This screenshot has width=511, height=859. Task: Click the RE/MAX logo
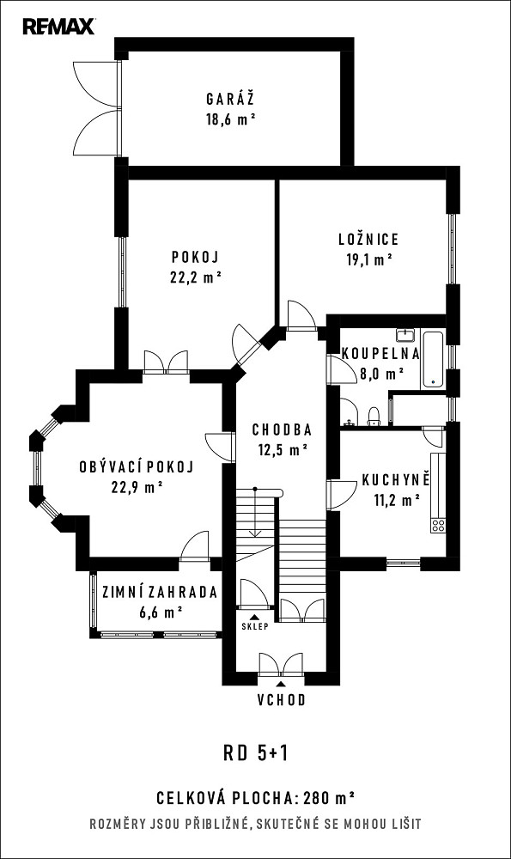pos(58,27)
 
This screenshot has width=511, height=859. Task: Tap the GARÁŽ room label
pos(230,99)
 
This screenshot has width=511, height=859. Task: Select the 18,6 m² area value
pos(231,119)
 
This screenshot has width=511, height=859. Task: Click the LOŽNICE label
pos(368,239)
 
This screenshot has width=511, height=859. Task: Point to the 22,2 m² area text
pos(196,277)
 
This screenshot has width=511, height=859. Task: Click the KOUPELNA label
pos(380,353)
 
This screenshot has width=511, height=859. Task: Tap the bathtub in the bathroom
pos(433,359)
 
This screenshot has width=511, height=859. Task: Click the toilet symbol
pos(373,417)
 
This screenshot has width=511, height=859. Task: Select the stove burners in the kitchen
pos(438,526)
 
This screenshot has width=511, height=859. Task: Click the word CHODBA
pos(282,429)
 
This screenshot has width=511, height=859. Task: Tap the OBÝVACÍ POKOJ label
pos(137,466)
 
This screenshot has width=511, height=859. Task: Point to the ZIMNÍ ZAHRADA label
pos(160,592)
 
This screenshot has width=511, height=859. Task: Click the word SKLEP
pos(255,626)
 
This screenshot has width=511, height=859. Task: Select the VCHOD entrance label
pos(282,699)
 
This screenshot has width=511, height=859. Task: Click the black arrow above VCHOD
pos(281,684)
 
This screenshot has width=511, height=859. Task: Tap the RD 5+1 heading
pos(255,754)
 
